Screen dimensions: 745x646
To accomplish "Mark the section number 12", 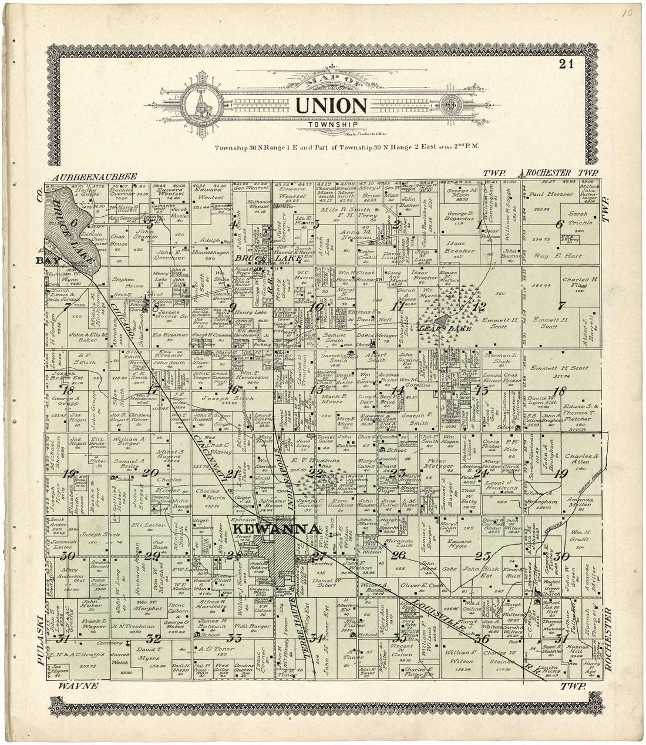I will click(480, 306).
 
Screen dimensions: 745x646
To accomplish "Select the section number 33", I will click(235, 639).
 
